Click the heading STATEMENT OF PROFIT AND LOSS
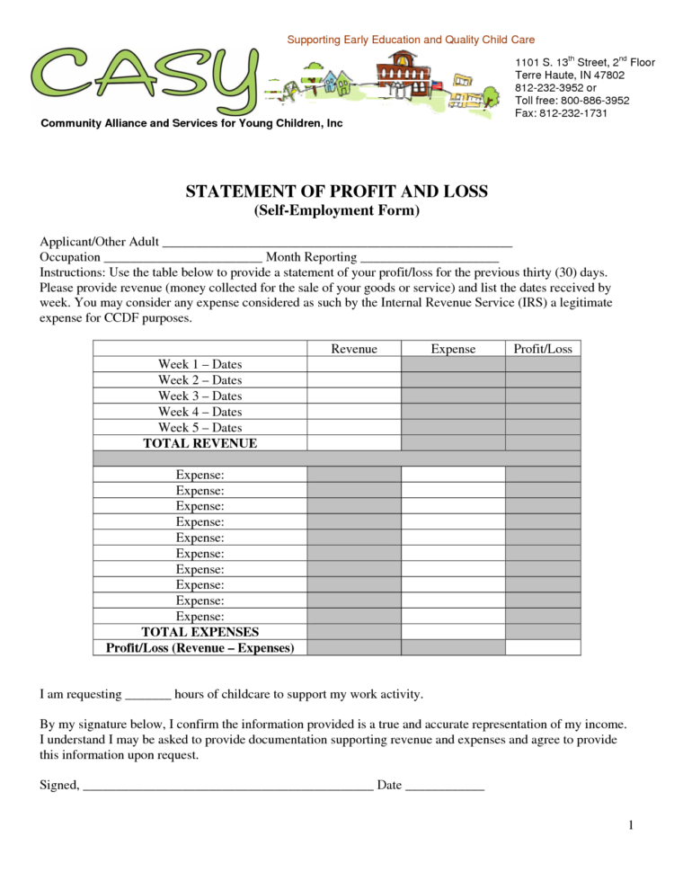click(x=336, y=191)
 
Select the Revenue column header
click(x=354, y=349)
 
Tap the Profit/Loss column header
click(x=542, y=349)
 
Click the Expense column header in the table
click(x=453, y=349)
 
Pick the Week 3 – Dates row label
click(x=200, y=396)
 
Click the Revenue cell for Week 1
click(x=354, y=364)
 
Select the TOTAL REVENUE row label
click(x=200, y=443)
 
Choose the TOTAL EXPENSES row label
click(x=200, y=632)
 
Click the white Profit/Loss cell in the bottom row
click(x=542, y=647)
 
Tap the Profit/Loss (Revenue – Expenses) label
click(x=200, y=647)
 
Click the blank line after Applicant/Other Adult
click(x=337, y=243)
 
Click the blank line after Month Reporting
click(x=429, y=258)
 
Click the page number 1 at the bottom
click(x=631, y=825)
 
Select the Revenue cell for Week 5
click(x=354, y=427)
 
